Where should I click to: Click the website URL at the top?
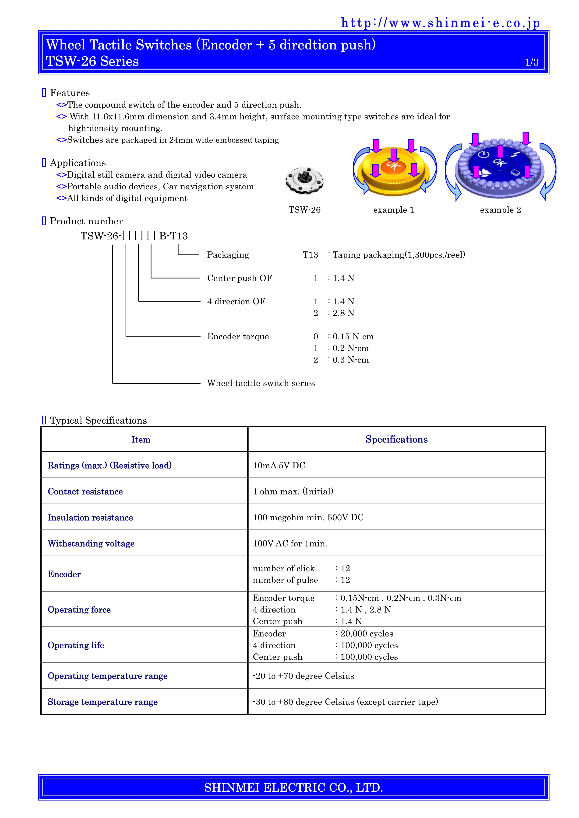(x=440, y=23)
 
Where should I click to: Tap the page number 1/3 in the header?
(x=532, y=62)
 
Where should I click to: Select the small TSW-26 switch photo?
(x=304, y=181)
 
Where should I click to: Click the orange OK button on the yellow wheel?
(x=393, y=165)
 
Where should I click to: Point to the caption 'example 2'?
(x=500, y=210)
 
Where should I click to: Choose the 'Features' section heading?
(x=70, y=93)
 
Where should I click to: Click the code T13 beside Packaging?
(x=310, y=255)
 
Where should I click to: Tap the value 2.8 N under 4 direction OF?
(x=343, y=313)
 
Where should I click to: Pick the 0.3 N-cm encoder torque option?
(x=350, y=360)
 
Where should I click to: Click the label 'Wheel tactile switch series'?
(x=261, y=383)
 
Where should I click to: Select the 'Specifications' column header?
(x=396, y=439)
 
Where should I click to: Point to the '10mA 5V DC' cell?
(x=279, y=465)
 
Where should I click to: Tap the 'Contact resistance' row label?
(x=85, y=492)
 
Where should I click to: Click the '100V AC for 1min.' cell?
(x=290, y=544)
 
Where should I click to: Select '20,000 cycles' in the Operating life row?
(x=367, y=634)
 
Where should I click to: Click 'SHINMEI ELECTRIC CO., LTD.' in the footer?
(x=293, y=787)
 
